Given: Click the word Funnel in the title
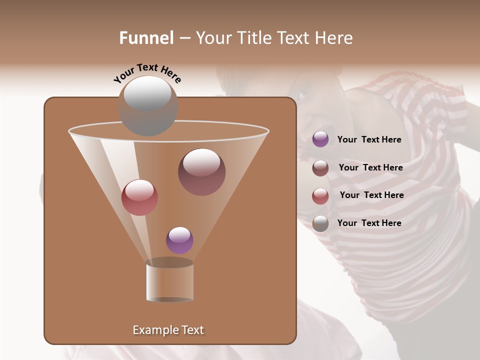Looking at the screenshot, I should [x=146, y=38].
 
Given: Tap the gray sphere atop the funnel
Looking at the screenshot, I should [x=147, y=105].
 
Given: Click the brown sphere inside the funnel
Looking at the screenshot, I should [x=202, y=171].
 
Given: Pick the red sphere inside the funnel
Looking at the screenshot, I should [x=139, y=197].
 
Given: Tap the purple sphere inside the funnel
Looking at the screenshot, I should [x=179, y=240].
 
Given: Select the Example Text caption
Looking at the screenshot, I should [x=168, y=330].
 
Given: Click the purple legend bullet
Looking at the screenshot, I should [x=320, y=139].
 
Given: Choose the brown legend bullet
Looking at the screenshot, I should [x=320, y=168].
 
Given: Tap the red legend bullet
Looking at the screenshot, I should [x=320, y=196].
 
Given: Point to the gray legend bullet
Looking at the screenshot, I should [x=320, y=223].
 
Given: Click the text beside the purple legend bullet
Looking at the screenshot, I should [x=369, y=140].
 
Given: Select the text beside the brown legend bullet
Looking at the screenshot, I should [x=370, y=168].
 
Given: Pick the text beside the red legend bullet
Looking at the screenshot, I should [x=371, y=195].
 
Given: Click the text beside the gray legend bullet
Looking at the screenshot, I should [x=369, y=223].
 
